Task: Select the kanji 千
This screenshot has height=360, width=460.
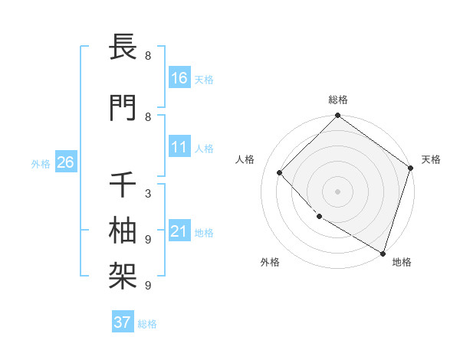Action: (123, 184)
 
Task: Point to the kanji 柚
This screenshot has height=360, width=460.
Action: (123, 229)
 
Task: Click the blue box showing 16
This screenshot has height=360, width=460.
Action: (179, 78)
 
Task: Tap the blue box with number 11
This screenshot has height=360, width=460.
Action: (179, 148)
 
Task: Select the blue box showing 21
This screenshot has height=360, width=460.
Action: (179, 231)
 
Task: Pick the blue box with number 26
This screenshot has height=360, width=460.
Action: (65, 162)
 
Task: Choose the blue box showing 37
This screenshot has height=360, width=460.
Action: (123, 322)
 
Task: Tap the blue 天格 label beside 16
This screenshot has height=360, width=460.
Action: (204, 79)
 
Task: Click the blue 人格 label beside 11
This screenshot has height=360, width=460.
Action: (204, 149)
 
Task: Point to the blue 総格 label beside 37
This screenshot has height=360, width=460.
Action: (147, 324)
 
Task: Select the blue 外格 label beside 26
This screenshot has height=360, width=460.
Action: (41, 163)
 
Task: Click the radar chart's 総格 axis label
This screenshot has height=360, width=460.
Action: (337, 100)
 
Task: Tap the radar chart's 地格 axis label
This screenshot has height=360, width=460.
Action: (402, 262)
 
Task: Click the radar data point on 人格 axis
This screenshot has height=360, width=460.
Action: (280, 172)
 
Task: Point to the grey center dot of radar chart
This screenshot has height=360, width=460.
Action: (337, 191)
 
